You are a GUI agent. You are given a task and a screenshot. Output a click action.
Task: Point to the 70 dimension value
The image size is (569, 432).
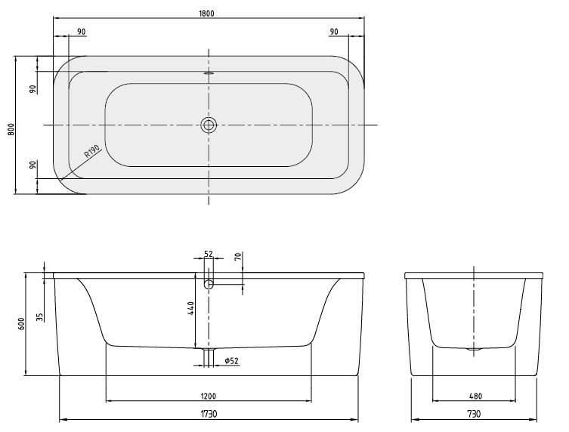(x=237, y=258)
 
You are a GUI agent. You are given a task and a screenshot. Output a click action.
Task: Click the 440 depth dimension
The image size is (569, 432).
(x=192, y=309)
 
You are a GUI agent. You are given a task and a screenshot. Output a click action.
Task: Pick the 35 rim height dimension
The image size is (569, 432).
(x=40, y=316)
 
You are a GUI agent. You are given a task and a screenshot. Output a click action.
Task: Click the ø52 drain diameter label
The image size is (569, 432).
(x=231, y=360)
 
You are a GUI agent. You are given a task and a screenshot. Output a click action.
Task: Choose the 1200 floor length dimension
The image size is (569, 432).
(x=209, y=395)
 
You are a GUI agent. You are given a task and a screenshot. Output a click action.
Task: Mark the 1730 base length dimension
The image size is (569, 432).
(x=209, y=414)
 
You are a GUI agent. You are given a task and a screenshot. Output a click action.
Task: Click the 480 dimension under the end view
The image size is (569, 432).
(x=475, y=395)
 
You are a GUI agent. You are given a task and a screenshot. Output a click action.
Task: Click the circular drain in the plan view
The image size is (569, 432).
(x=209, y=125)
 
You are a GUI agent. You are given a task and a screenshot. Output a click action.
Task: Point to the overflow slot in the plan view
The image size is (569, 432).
(x=209, y=74)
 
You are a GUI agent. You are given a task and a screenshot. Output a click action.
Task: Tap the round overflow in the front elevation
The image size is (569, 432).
(x=209, y=285)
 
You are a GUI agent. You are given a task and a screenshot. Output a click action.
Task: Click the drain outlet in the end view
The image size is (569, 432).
(x=475, y=350)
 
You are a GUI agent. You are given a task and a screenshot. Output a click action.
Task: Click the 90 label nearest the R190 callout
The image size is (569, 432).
(x=32, y=165)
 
